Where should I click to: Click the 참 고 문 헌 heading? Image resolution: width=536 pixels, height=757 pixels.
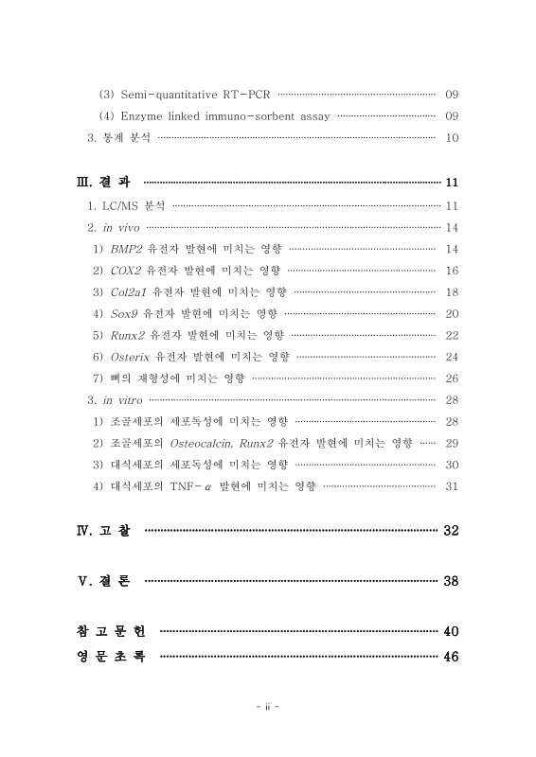pyautogui.click(x=110, y=631)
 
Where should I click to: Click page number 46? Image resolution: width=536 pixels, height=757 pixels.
pyautogui.click(x=451, y=658)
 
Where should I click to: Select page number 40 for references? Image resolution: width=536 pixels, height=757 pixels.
pyautogui.click(x=451, y=631)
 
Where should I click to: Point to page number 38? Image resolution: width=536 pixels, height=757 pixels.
pyautogui.click(x=451, y=580)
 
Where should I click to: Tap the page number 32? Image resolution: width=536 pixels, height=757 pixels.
pyautogui.click(x=451, y=530)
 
